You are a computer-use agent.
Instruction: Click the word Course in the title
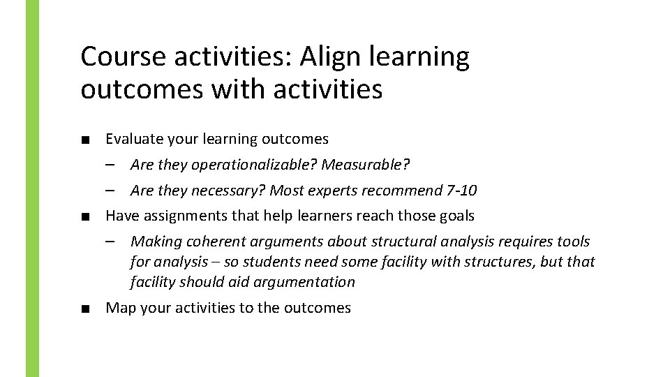[x=124, y=57]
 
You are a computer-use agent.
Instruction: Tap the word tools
[x=573, y=242]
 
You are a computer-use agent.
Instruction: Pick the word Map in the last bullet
[x=120, y=308]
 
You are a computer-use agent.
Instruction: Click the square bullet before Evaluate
[x=84, y=140]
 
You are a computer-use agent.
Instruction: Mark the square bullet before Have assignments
[x=84, y=216]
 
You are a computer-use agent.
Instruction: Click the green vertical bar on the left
[x=33, y=188]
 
